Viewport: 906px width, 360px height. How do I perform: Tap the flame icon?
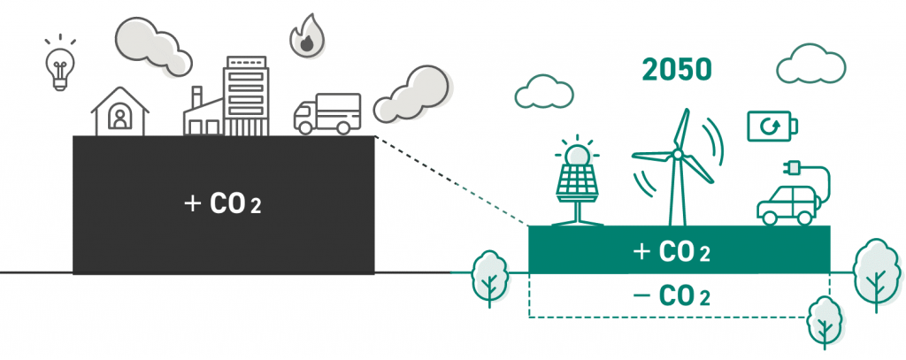306,36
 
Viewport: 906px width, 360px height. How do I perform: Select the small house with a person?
119,111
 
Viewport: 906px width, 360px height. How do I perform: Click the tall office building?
245,96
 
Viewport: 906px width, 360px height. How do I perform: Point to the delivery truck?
326,114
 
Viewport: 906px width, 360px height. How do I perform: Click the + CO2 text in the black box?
223,204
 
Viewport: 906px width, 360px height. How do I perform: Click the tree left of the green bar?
488,276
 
